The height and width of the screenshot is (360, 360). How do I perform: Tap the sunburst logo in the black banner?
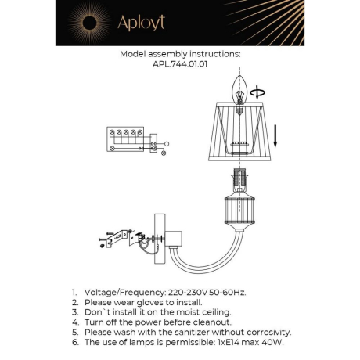click(x=83, y=21)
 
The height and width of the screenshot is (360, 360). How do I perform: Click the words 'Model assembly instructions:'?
click(x=180, y=55)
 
